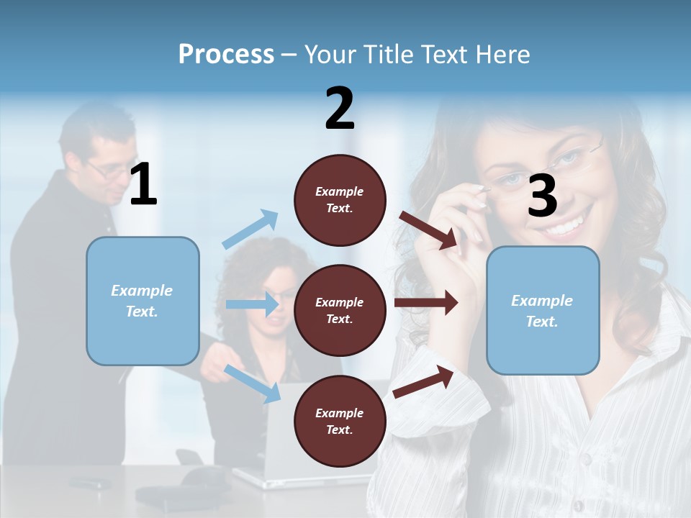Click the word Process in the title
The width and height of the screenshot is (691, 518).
pos(226,54)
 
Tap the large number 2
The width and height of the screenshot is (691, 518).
pos(340,109)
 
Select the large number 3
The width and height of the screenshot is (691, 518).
pos(543,196)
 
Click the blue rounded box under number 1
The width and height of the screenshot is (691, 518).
pos(143,301)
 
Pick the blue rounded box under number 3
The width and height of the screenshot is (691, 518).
pos(543,310)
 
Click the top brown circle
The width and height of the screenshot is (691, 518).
pos(340,200)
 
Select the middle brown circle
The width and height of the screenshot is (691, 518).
pos(340,310)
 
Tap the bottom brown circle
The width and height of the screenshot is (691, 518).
pos(340,421)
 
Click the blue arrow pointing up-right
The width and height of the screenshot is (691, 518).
pos(250,230)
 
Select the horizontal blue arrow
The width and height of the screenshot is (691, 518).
pos(253,304)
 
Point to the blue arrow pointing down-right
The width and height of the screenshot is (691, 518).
pos(253,383)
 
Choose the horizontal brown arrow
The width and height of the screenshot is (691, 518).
pos(426,303)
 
